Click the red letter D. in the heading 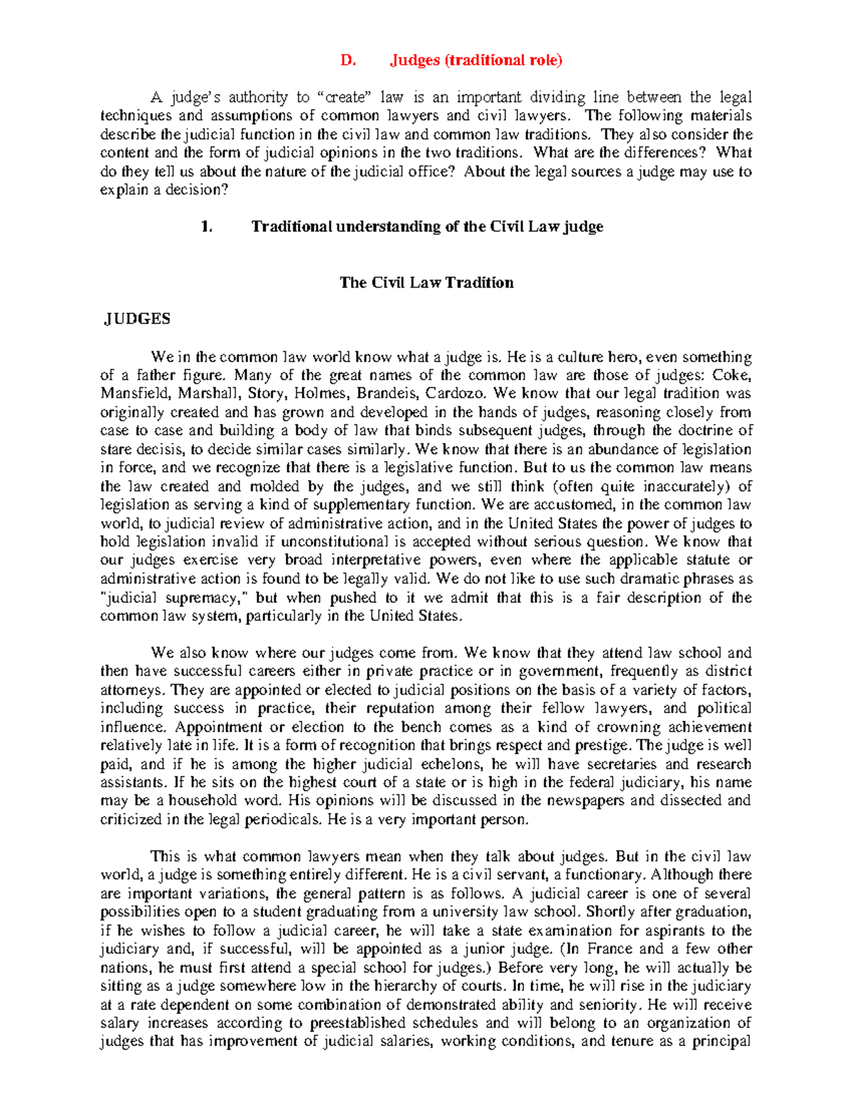347,60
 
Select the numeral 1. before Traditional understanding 207,227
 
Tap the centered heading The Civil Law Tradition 426,283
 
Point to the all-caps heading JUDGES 137,320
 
